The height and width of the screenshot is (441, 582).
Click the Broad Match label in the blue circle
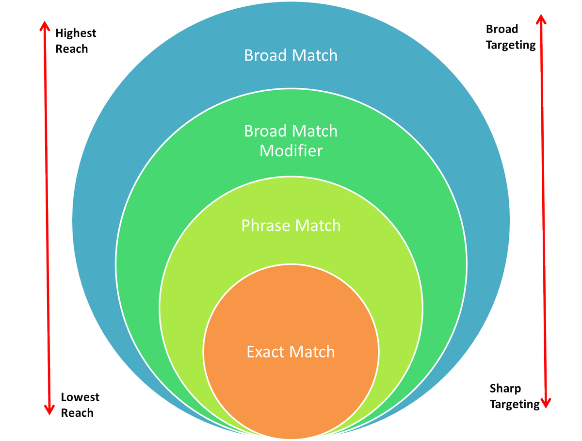(x=291, y=55)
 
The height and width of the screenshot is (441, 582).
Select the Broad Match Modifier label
(x=291, y=141)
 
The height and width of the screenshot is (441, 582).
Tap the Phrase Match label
(x=291, y=226)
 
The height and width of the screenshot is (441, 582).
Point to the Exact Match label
(x=291, y=351)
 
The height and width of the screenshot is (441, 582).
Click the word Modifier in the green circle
(x=291, y=151)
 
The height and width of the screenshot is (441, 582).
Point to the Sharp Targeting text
(x=514, y=396)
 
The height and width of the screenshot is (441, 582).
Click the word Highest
(x=76, y=33)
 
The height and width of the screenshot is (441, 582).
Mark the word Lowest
(x=80, y=397)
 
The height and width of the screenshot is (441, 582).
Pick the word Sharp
(x=505, y=388)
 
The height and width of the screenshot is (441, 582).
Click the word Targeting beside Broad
(x=511, y=45)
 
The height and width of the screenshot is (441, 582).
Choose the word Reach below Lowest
(x=77, y=413)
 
